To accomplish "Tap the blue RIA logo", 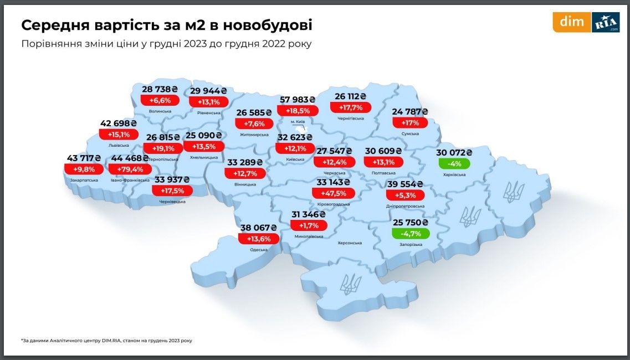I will [x=606, y=22].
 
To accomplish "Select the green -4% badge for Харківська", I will [x=454, y=164].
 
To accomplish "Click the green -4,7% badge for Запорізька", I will [x=411, y=233].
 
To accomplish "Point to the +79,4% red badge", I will [x=130, y=169].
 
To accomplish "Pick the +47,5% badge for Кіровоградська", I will [x=333, y=193].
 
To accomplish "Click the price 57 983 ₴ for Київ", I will [x=297, y=99].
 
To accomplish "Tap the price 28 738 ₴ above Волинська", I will [x=160, y=89].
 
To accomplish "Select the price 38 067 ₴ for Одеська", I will [x=259, y=227].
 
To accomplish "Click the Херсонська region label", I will [x=350, y=243].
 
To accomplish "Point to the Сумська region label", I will [x=410, y=133].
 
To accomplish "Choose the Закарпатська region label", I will [x=84, y=180].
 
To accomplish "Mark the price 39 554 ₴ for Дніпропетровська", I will [x=405, y=184].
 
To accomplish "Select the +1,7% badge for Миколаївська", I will [x=309, y=225].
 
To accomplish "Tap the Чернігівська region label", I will [x=350, y=118].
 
